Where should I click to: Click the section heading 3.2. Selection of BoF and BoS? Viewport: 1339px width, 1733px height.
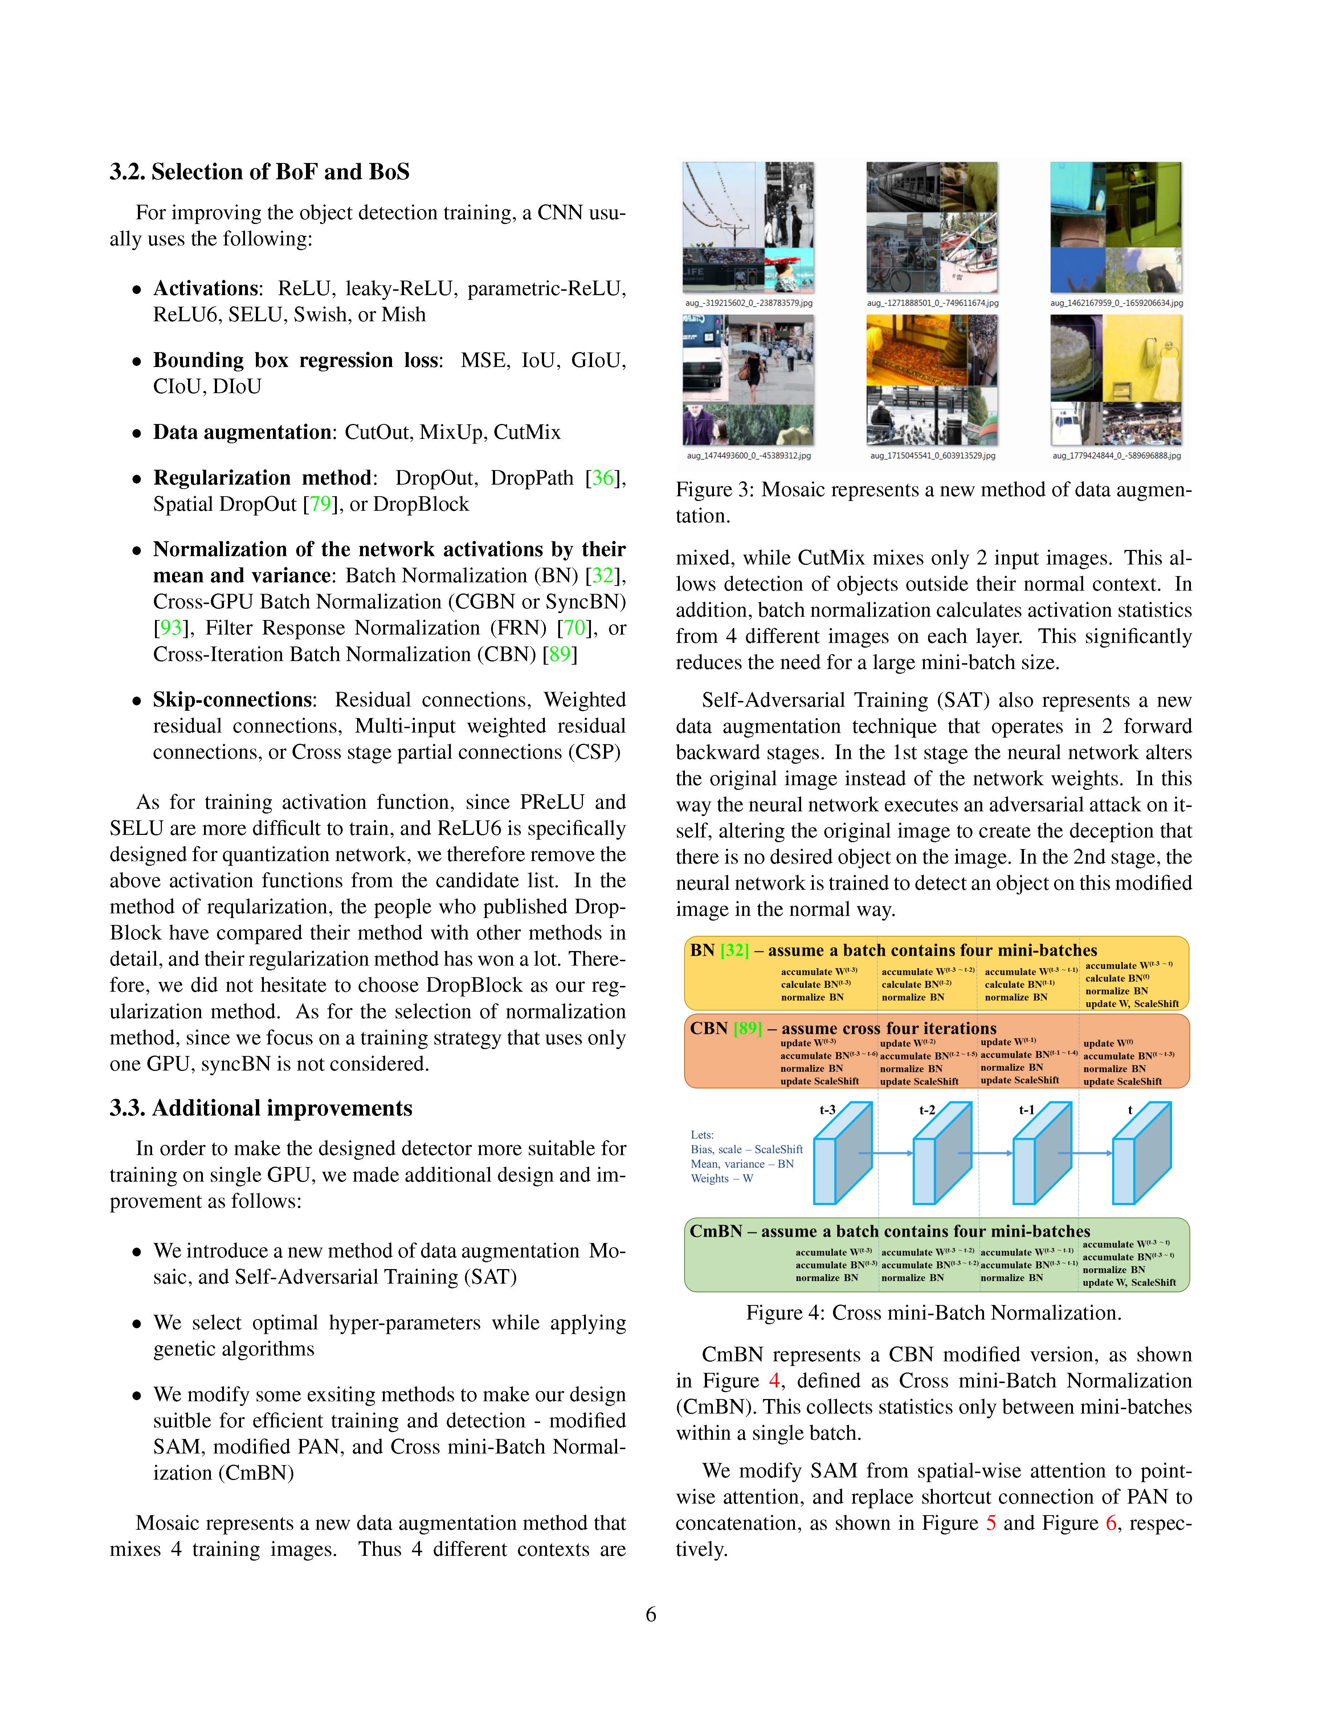coord(260,172)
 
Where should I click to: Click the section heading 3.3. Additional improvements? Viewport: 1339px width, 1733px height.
coord(261,1109)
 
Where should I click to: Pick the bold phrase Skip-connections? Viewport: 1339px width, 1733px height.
coord(232,700)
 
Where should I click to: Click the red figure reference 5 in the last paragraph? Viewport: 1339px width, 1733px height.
coord(991,1524)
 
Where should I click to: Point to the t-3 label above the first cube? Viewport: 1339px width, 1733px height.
coord(827,1110)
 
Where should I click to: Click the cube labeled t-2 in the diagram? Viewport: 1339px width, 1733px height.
coord(942,1154)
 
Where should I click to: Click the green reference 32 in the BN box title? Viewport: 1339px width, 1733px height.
coord(735,951)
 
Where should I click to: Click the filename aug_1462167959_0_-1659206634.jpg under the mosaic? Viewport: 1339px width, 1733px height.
coord(1116,303)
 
